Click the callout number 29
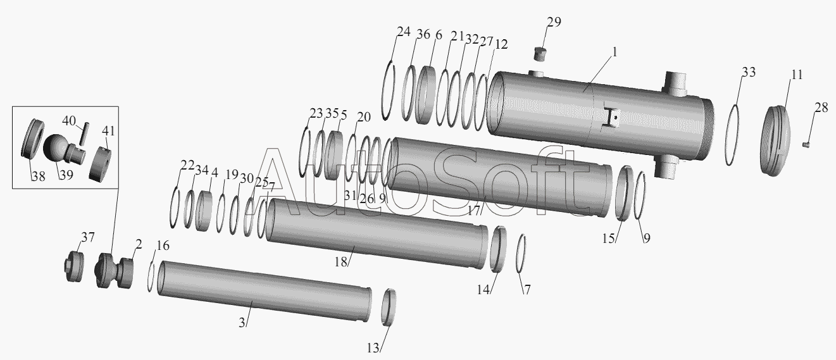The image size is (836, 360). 554,22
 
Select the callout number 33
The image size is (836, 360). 748,72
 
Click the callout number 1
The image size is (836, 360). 615,53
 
